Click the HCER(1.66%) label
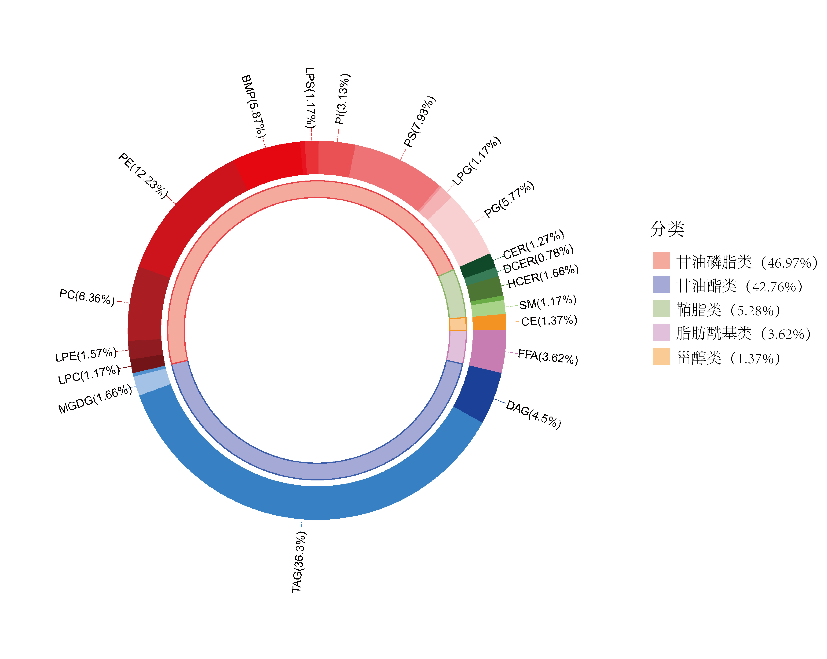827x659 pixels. pyautogui.click(x=543, y=276)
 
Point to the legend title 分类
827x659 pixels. pyautogui.click(x=667, y=229)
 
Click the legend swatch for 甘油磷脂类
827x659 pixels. pyautogui.click(x=661, y=261)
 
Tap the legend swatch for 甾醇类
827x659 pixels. pyautogui.click(x=661, y=357)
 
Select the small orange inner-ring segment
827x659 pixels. pyautogui.click(x=458, y=324)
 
